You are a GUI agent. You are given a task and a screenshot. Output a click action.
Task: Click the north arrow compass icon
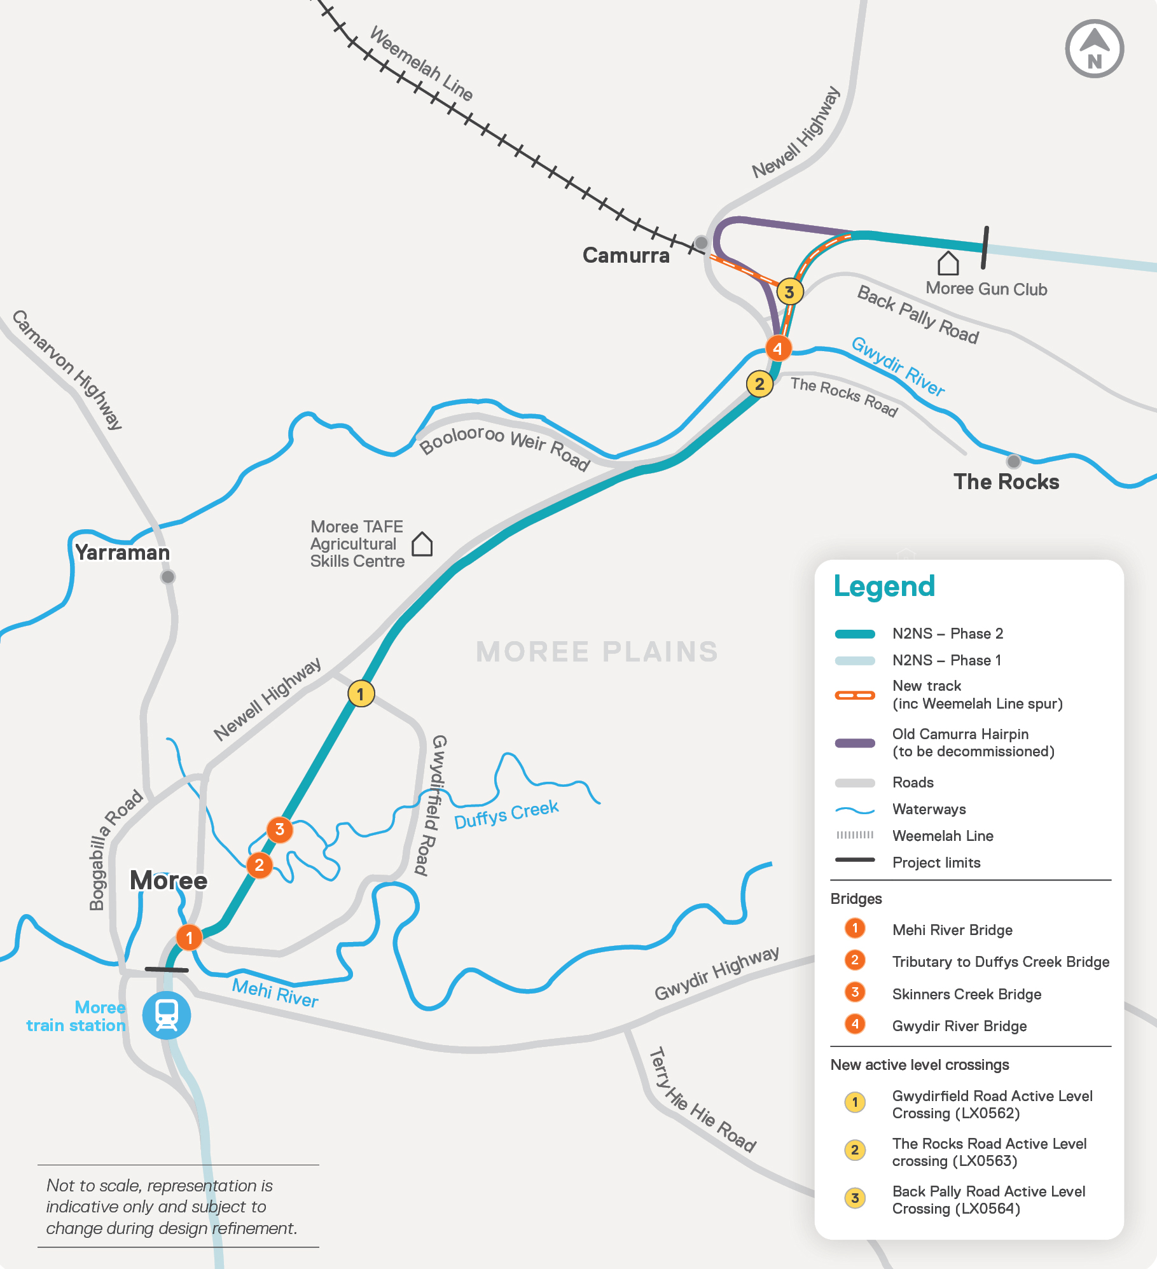pyautogui.click(x=1094, y=49)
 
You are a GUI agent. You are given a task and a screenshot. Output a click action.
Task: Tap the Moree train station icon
pyautogui.click(x=167, y=1015)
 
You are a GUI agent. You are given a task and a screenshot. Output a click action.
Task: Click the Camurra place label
pyautogui.click(x=626, y=256)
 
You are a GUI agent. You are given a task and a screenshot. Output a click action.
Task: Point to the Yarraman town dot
pyautogui.click(x=168, y=577)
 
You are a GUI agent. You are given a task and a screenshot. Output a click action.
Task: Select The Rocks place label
pyautogui.click(x=1006, y=482)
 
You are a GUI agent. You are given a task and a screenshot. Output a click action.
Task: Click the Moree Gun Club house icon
pyautogui.click(x=948, y=263)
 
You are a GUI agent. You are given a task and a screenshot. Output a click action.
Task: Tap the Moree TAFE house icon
pyautogui.click(x=422, y=544)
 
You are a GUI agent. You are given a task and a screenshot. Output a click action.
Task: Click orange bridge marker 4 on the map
pyautogui.click(x=777, y=349)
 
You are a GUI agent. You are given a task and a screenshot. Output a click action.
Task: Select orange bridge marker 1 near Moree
pyautogui.click(x=189, y=938)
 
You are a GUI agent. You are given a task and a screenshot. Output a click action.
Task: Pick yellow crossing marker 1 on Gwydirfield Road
pyautogui.click(x=361, y=694)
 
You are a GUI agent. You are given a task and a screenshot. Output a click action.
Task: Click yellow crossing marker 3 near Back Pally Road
pyautogui.click(x=789, y=292)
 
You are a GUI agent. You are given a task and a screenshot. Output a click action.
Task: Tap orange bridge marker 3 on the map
pyautogui.click(x=279, y=829)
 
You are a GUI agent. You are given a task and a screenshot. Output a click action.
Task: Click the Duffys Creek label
pyautogui.click(x=506, y=815)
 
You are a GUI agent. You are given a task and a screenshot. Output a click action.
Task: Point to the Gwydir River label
pyautogui.click(x=898, y=366)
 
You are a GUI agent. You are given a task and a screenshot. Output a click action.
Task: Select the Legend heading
pyautogui.click(x=884, y=586)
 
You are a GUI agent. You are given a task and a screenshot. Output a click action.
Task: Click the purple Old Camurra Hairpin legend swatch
pyautogui.click(x=855, y=743)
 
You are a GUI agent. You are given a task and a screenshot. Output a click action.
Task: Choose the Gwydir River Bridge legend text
pyautogui.click(x=959, y=1026)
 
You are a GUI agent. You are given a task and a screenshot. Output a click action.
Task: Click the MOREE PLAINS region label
pyautogui.click(x=597, y=652)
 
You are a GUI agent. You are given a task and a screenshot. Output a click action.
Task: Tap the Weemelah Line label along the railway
pyautogui.click(x=422, y=64)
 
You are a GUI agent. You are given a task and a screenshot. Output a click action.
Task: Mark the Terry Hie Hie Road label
pyautogui.click(x=702, y=1100)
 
